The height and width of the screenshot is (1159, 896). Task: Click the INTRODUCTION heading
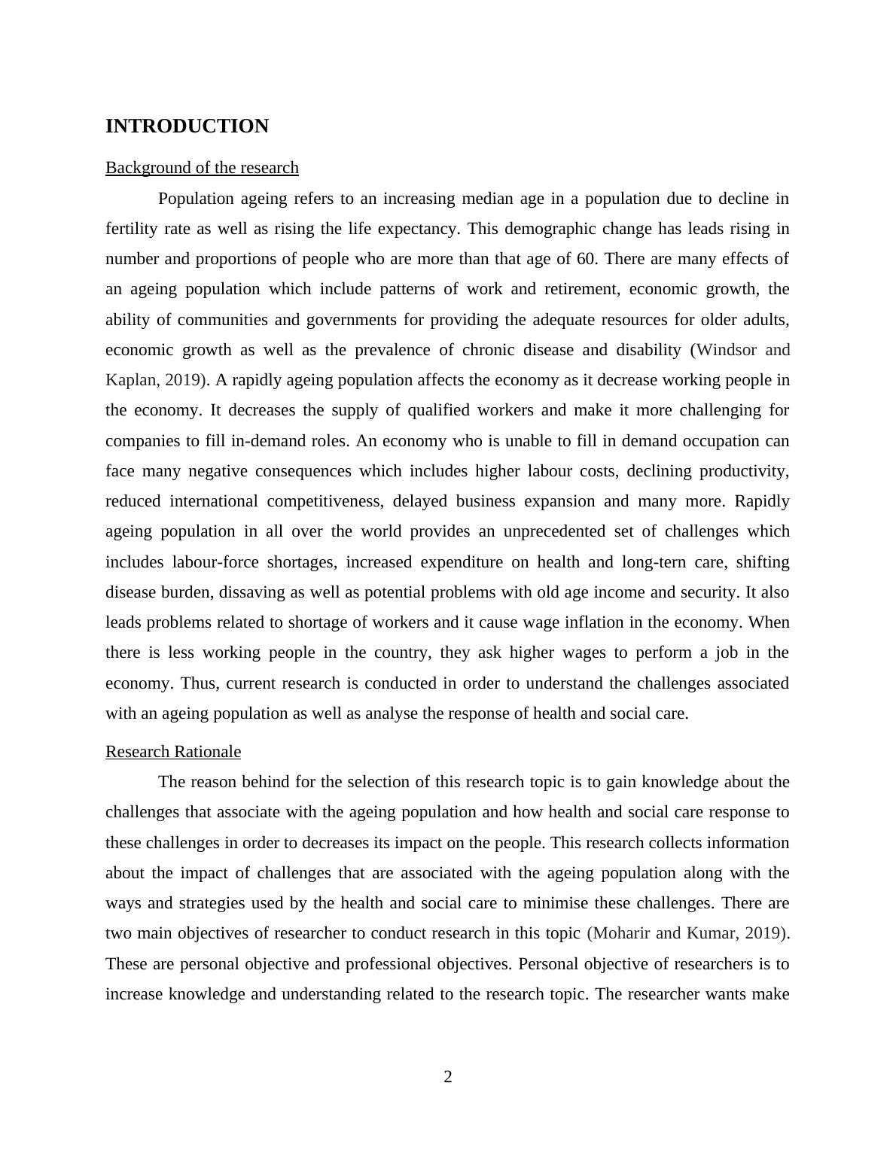coord(187,126)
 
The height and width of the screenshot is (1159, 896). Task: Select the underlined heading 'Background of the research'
coord(202,168)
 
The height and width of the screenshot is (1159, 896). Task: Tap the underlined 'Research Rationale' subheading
coord(173,752)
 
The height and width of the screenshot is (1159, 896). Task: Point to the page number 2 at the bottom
coord(448,1077)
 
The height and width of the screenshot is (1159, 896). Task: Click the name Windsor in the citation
coord(728,350)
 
